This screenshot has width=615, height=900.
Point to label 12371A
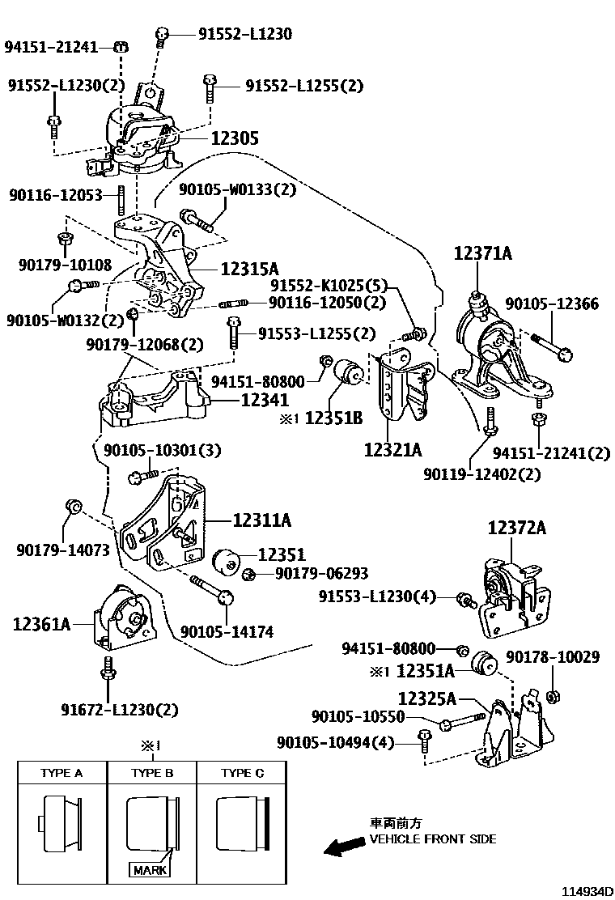pos(482,254)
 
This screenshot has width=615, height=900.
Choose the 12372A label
pos(516,529)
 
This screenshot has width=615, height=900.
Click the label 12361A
pos(41,623)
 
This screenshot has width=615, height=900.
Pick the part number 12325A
pos(427,698)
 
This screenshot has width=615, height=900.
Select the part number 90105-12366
pos(552,304)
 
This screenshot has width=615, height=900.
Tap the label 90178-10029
pos(553,657)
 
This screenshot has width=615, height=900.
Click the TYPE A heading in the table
pos(61,773)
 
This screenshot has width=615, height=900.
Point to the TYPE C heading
pos(242,773)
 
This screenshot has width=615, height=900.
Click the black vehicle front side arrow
pos(342,847)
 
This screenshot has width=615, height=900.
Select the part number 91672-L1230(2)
pos(119,710)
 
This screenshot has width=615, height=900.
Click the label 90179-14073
pos(62,550)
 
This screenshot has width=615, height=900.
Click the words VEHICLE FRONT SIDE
pos(433,839)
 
